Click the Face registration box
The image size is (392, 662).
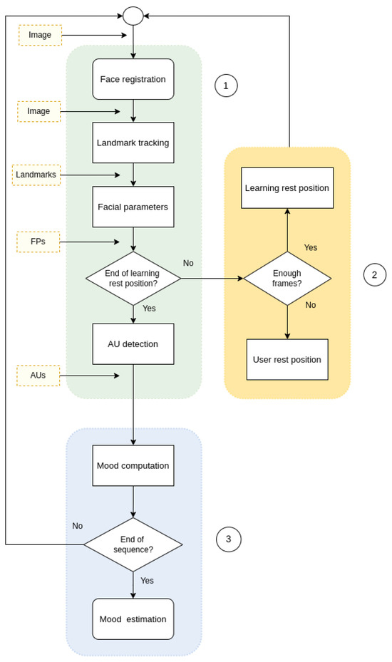[133, 79]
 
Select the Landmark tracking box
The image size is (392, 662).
[133, 143]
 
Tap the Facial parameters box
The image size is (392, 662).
[133, 207]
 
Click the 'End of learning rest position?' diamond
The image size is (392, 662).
[133, 278]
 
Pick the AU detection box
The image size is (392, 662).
[133, 343]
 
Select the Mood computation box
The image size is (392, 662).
[133, 465]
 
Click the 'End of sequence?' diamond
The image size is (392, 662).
[133, 544]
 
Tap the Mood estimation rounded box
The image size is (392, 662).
[133, 619]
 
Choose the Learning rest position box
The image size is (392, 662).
[287, 188]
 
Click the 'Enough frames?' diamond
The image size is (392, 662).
[287, 278]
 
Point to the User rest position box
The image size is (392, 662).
[287, 359]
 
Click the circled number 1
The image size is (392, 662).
[226, 86]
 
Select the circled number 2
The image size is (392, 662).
[374, 274]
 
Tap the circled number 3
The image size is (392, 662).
[228, 539]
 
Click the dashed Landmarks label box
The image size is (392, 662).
[36, 175]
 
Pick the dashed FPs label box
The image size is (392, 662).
[38, 242]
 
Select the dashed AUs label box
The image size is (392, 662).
[38, 376]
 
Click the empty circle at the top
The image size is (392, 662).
[133, 16]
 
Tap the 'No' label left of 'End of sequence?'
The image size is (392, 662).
[77, 526]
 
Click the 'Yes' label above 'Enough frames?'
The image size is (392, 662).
[311, 247]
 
